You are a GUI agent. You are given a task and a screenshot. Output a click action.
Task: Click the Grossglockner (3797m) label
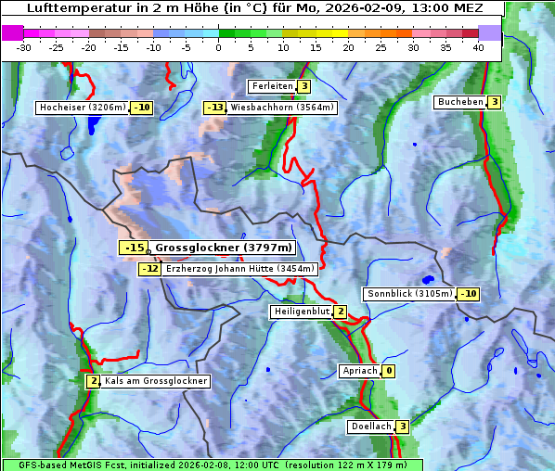point(223,248)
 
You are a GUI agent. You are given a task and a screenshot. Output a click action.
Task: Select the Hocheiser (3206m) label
point(82,108)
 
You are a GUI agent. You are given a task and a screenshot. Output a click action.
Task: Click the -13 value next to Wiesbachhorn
point(214,108)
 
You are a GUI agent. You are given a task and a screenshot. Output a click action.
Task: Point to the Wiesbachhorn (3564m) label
point(282,108)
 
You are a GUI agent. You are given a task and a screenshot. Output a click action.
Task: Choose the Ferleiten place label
point(272,86)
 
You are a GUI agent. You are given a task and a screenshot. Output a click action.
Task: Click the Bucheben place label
point(460,102)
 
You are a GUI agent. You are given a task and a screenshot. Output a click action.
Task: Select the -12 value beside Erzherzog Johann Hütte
point(149,269)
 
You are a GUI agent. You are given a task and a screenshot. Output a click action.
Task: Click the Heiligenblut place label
point(300,312)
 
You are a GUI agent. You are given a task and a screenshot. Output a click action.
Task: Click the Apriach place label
point(359,371)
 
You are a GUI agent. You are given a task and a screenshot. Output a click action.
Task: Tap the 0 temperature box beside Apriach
point(388,371)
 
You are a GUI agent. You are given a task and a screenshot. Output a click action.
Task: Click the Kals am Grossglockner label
point(156,381)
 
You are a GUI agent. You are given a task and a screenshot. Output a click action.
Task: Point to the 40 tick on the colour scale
point(477,47)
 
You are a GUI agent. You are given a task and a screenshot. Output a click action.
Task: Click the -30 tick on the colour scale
point(24,47)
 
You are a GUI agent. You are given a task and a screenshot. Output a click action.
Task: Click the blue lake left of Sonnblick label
point(427,278)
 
